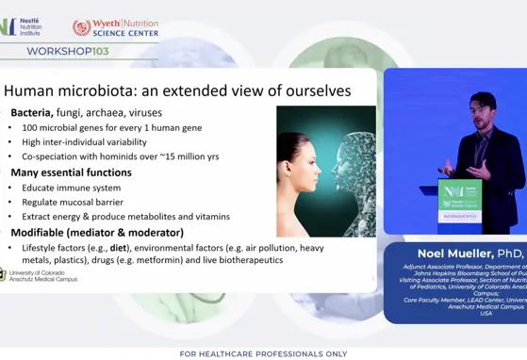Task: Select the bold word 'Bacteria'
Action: [x=32, y=112]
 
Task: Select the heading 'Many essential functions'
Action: [x=72, y=172]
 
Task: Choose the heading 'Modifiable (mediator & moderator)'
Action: [x=97, y=233]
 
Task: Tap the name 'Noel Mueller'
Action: [x=456, y=254]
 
